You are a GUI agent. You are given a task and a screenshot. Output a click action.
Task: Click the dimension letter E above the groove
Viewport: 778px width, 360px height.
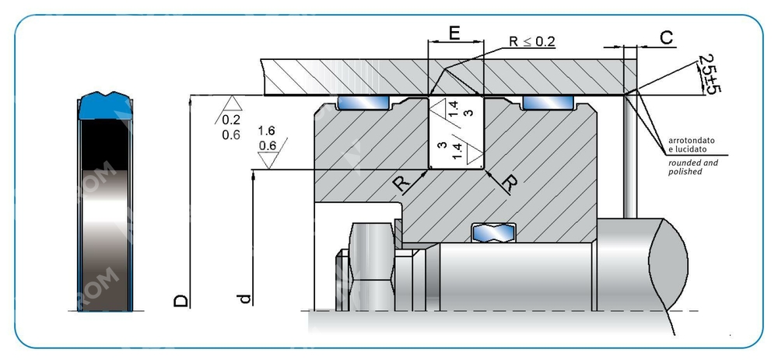pos(455,34)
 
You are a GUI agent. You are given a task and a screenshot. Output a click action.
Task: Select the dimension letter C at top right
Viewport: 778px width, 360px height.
pos(666,37)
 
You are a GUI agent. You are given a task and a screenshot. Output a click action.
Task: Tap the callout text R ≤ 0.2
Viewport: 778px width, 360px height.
pos(532,41)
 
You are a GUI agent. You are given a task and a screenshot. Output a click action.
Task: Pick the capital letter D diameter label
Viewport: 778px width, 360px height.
pos(181,299)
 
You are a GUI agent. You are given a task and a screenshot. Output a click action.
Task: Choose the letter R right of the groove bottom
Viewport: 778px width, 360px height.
pos(510,183)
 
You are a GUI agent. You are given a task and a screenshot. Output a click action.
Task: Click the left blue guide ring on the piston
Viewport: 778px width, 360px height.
pos(363,103)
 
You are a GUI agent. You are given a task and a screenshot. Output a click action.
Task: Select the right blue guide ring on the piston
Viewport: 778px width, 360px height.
pos(548,103)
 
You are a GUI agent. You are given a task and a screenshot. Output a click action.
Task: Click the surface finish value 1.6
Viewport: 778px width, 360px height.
pos(266,131)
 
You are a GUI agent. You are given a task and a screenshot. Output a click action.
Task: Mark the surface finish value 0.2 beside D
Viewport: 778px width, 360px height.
pos(231,121)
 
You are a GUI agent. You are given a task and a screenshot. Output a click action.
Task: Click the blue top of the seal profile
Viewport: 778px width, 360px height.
pos(105,104)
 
